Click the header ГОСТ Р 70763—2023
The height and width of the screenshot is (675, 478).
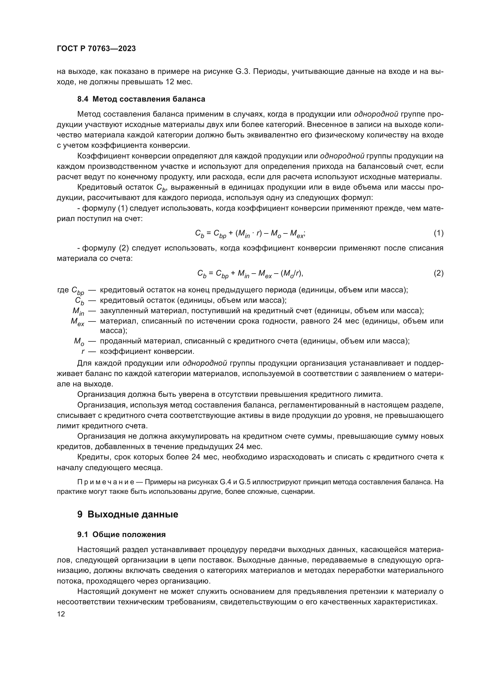pyautogui.click(x=96, y=49)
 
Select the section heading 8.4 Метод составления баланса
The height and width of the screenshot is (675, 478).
pyautogui.click(x=141, y=99)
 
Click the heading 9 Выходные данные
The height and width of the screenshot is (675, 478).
pyautogui.click(x=128, y=515)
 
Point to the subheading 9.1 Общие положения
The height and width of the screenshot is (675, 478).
pyautogui.click(x=122, y=534)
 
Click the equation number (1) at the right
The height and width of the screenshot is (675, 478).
pyautogui.click(x=439, y=233)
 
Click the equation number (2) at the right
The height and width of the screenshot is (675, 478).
pyautogui.click(x=439, y=273)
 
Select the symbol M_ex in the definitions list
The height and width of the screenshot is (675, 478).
pyautogui.click(x=77, y=322)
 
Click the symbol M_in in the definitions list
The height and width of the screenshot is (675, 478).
pyautogui.click(x=78, y=311)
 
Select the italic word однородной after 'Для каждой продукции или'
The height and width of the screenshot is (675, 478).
pyautogui.click(x=205, y=363)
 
